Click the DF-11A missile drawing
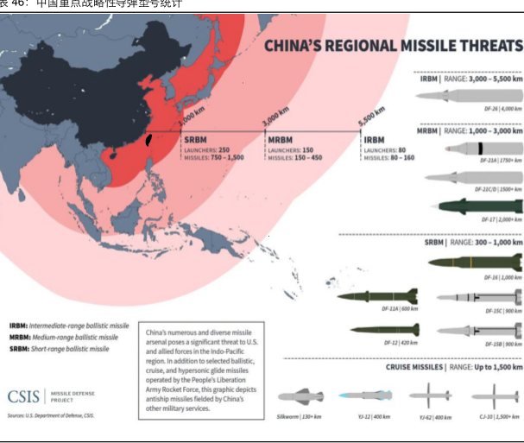378,296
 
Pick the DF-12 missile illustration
384,329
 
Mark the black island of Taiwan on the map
148,137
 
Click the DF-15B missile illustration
479,329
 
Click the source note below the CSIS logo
50,416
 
